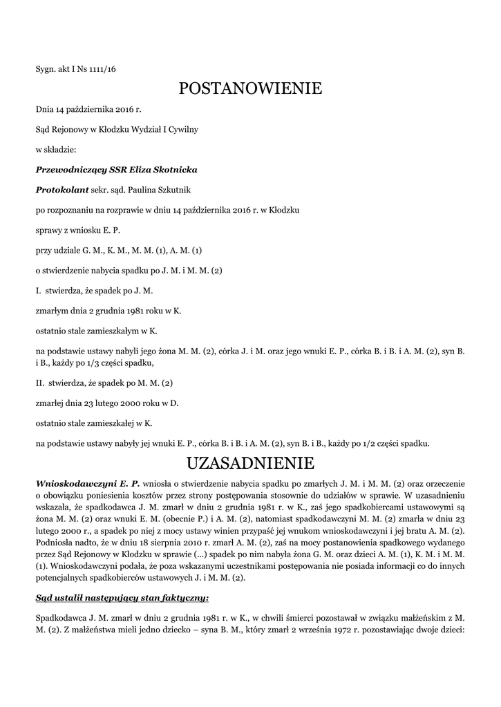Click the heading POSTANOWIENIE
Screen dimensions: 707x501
[250, 88]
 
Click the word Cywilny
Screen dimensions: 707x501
[183, 129]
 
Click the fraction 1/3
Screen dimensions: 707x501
[94, 362]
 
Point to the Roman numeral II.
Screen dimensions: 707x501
[39, 382]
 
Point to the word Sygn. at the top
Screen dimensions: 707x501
[46, 68]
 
